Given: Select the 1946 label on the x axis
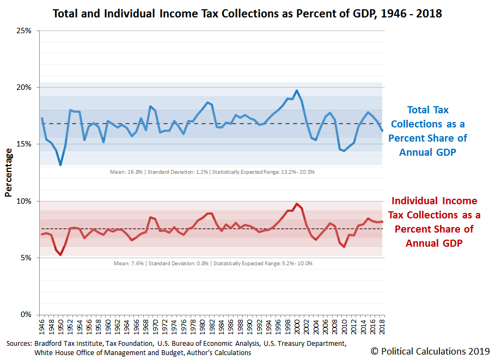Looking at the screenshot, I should pyautogui.click(x=42, y=326).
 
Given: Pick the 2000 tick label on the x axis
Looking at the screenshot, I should pyautogui.click(x=297, y=326).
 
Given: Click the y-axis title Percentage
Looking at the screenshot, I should pyautogui.click(x=8, y=172).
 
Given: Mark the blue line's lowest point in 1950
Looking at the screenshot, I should pyautogui.click(x=60, y=164).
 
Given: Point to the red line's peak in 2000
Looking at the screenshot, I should pyautogui.click(x=297, y=204).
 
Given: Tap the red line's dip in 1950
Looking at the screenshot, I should pyautogui.click(x=60, y=254).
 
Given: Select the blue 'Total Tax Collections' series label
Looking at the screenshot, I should pyautogui.click(x=427, y=131).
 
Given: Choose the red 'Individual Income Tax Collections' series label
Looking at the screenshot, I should pyautogui.click(x=434, y=222).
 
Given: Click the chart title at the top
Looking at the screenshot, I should pyautogui.click(x=247, y=14).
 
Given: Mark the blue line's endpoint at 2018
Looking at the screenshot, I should pyautogui.click(x=382, y=131).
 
